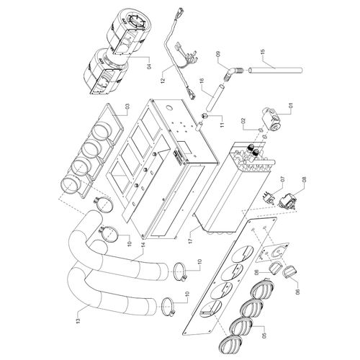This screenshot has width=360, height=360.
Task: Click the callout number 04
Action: pyautogui.click(x=149, y=66)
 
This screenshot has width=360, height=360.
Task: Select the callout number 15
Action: pyautogui.click(x=263, y=52)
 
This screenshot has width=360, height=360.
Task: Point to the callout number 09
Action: pyautogui.click(x=218, y=54)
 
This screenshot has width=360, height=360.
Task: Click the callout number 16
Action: pyautogui.click(x=202, y=81)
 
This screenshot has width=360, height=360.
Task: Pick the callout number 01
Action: pyautogui.click(x=291, y=105)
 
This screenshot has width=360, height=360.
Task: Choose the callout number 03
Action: pyautogui.click(x=127, y=107)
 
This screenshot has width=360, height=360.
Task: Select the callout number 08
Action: pyautogui.click(x=305, y=179)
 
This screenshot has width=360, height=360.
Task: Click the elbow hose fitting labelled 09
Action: pyautogui.click(x=230, y=74)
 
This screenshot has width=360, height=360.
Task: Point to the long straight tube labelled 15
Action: pyautogui.click(x=275, y=71)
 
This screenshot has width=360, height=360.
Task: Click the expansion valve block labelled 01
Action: pyautogui.click(x=271, y=119)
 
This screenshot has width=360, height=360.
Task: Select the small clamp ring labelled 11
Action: pyautogui.click(x=205, y=116)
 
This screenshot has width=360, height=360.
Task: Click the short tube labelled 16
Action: pyautogui.click(x=215, y=98)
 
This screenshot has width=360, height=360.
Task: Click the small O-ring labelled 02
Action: pyautogui.click(x=261, y=130)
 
